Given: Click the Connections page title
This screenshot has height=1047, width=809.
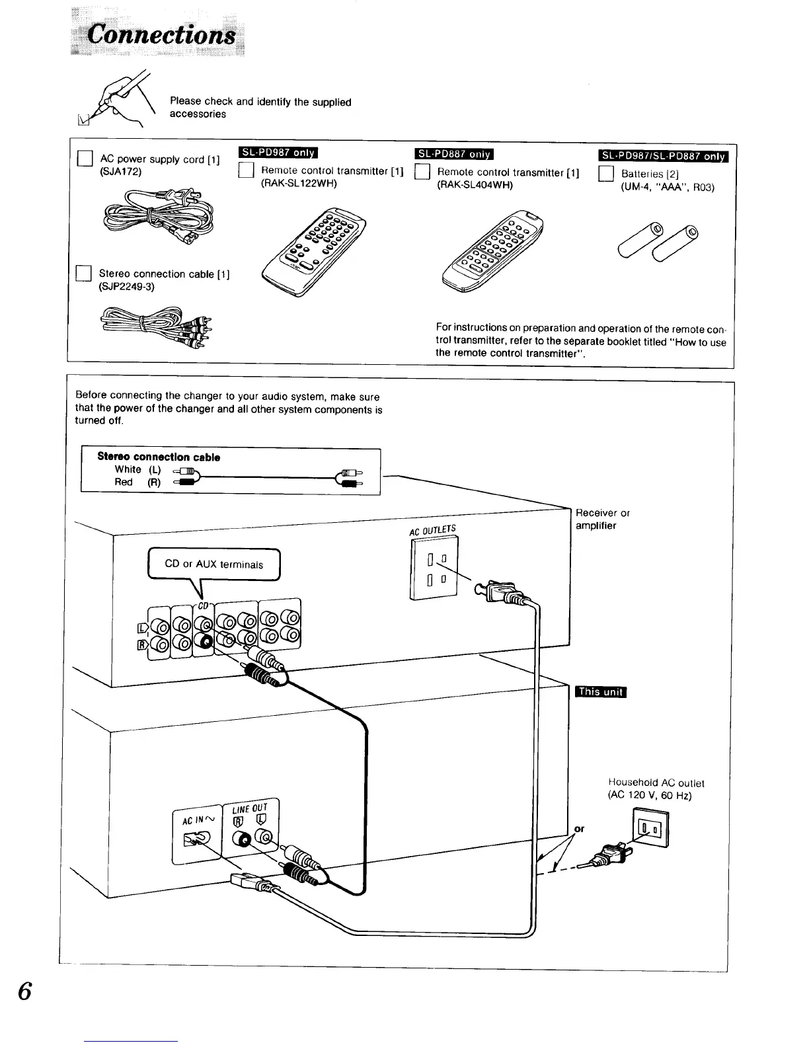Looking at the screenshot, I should [x=162, y=34].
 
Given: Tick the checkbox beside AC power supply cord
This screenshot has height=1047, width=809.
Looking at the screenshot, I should [x=84, y=159].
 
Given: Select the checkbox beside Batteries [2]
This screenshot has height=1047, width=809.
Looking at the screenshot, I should [x=606, y=174].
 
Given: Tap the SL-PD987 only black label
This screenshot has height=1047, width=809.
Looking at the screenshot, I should [x=278, y=153].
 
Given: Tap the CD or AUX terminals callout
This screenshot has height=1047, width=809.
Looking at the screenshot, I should [x=214, y=564].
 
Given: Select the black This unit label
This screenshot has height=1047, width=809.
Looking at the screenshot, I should [x=601, y=692].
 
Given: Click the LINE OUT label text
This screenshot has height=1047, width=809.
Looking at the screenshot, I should [x=250, y=808].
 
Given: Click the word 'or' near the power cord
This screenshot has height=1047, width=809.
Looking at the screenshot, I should [x=580, y=829].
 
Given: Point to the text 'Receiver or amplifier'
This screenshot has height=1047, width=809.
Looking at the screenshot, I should [x=602, y=519].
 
